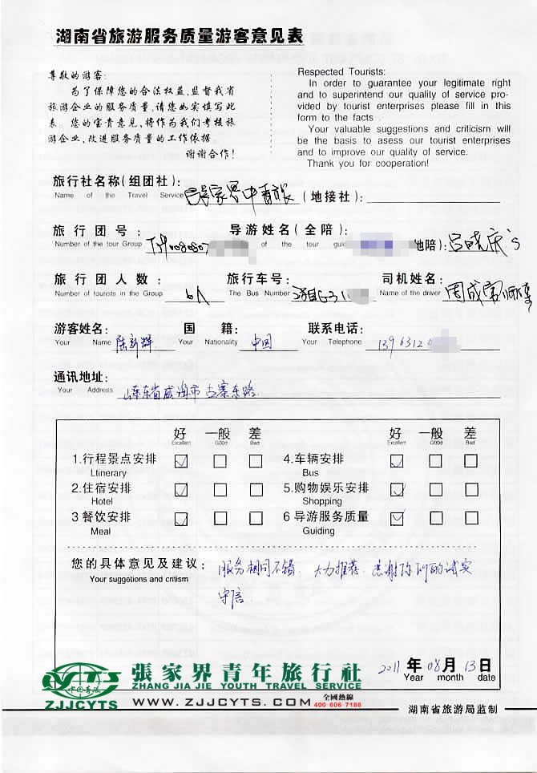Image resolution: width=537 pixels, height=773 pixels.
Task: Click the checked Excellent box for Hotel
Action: point(182,490)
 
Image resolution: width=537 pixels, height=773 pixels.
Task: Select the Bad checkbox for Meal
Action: point(256,519)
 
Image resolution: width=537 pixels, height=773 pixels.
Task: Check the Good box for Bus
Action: point(435,461)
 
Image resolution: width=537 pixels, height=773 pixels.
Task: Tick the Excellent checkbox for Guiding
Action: point(397,519)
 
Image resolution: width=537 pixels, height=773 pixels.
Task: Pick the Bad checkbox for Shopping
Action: point(470,490)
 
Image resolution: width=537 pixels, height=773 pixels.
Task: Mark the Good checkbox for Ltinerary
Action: point(220,461)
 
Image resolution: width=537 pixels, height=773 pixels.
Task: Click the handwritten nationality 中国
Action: point(261,342)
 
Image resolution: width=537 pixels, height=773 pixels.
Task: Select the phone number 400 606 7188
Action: point(337,705)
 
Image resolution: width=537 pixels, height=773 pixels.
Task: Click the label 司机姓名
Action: point(410,279)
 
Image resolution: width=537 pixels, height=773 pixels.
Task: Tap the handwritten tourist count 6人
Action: point(192,295)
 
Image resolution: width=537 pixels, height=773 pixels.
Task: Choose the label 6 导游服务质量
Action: point(325,517)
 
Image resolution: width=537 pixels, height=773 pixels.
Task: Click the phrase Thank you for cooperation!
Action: point(368,164)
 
